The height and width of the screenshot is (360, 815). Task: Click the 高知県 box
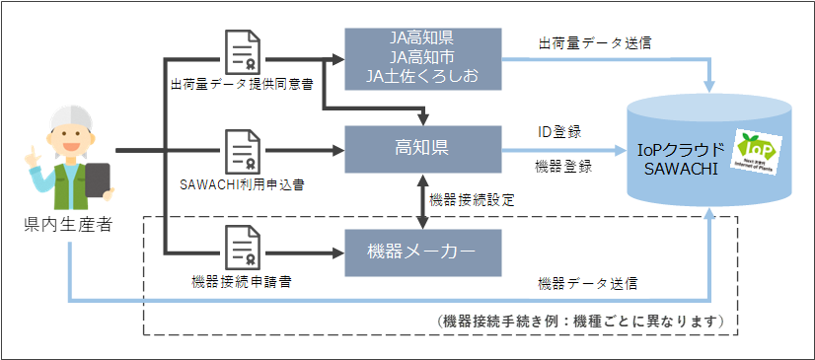(x=422, y=150)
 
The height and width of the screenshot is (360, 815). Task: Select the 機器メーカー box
(x=422, y=253)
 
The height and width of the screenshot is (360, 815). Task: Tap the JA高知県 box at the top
(x=422, y=57)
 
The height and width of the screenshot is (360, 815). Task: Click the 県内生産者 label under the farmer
(x=67, y=225)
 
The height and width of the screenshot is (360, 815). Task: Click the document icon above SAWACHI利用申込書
(x=243, y=151)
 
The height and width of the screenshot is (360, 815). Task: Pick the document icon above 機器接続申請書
(x=243, y=248)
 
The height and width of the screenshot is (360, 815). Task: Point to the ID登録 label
(x=557, y=131)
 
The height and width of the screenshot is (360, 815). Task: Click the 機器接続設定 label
(x=472, y=200)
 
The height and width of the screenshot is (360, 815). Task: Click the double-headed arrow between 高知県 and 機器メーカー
(x=422, y=201)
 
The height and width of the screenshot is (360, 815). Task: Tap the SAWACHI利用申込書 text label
(x=241, y=183)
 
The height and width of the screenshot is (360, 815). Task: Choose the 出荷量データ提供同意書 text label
(x=243, y=85)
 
